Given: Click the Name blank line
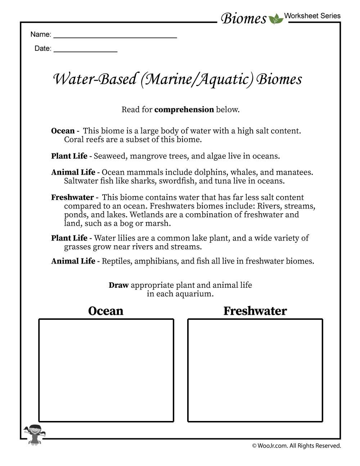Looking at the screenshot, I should pos(115,37).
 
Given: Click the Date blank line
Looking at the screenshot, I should pos(85,51).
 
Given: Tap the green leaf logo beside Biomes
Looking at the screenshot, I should pos(276,19).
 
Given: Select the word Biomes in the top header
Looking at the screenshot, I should pos(244,18).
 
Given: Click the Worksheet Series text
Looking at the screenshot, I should pos(312,16).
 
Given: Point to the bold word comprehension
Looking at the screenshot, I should pos(184,110).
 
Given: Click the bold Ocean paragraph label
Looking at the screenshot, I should pos(63,131).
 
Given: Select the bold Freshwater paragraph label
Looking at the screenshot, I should pos(72,198).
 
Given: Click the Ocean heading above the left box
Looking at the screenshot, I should pos(105,311).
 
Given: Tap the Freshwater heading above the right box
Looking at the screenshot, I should pos(255,311).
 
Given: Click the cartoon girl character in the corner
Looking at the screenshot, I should pos(35,434).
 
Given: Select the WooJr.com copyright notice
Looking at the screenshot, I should pos(296,446).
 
